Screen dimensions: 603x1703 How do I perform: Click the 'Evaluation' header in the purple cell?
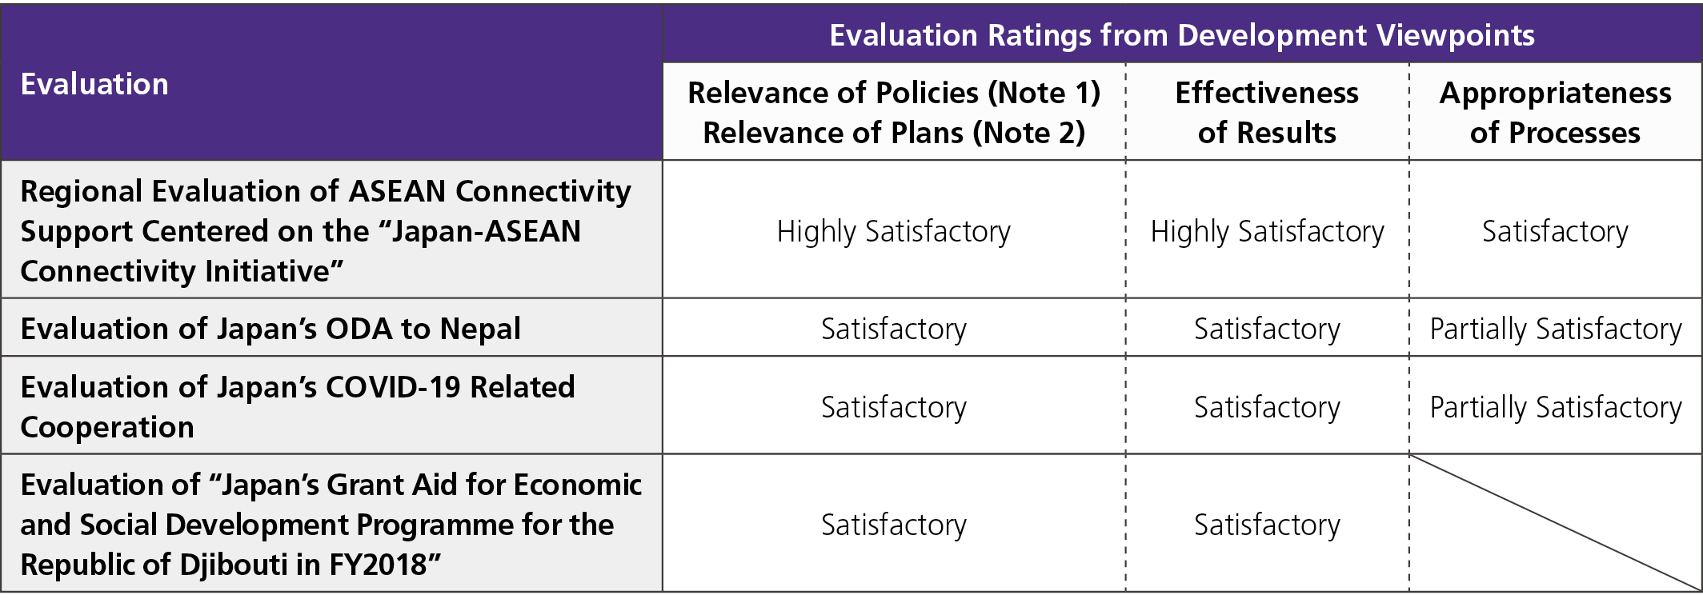94,84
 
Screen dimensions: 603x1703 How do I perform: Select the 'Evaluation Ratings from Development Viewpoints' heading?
1181,35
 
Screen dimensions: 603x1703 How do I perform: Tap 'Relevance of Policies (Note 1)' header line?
894,93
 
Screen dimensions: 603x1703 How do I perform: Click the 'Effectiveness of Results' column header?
1266,112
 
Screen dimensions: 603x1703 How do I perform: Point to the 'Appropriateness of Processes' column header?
1554,112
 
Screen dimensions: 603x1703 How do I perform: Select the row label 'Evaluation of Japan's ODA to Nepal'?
270,329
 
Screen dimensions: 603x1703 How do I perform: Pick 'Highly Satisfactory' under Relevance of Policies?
893,232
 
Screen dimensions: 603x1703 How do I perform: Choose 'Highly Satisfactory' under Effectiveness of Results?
1267,232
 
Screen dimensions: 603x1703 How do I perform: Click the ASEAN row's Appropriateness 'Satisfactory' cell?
1554,232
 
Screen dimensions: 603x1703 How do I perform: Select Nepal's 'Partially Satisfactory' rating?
1555,329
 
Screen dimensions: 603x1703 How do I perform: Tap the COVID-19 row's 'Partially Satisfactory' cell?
1555,407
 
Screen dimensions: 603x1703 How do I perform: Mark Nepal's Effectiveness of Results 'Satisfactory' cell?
1267,329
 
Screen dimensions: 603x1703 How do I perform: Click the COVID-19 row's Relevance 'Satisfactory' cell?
893,407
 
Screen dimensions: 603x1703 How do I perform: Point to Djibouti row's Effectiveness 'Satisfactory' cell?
1267,525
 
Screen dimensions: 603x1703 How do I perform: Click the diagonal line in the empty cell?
1554,522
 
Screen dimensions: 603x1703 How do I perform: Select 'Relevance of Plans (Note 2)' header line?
894,133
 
